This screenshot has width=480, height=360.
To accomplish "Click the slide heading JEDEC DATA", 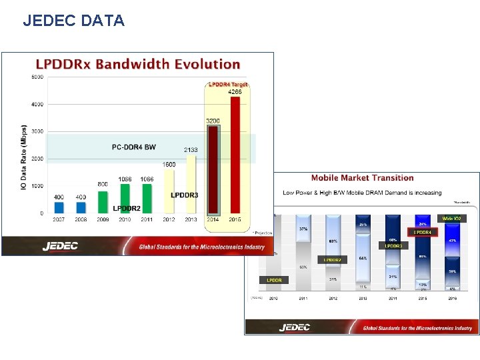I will [x=73, y=21].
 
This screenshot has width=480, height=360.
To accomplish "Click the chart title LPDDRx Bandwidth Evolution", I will [x=137, y=64].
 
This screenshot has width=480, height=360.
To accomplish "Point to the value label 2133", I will [x=191, y=150].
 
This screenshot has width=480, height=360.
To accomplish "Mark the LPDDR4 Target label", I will [x=228, y=85].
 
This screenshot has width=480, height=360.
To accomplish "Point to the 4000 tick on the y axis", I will [x=37, y=104].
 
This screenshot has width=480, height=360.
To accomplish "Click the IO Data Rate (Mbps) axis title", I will [x=24, y=157].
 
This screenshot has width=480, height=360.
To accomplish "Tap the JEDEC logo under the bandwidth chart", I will [x=60, y=246].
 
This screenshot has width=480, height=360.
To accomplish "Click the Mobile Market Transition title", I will [x=362, y=178].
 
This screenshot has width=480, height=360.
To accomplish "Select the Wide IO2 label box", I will [x=452, y=218].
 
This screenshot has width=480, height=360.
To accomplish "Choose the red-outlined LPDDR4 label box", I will [x=422, y=232].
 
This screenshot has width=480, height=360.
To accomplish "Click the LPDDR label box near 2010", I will [x=274, y=280].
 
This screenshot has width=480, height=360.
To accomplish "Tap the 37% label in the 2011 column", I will [x=303, y=229].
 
